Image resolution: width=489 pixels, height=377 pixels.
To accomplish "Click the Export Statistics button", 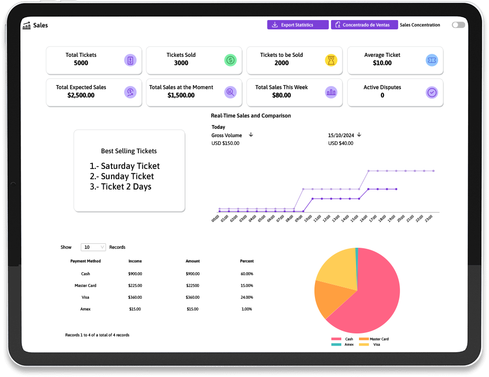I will [297, 25].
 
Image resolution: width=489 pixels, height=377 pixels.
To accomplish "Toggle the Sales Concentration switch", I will [458, 25].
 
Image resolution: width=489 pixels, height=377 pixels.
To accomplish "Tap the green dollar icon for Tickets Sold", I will [231, 60].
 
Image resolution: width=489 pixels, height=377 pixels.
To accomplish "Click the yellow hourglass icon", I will [331, 60].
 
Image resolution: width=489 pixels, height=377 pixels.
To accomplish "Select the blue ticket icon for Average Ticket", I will [432, 60].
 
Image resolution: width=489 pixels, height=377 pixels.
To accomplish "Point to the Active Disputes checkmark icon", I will [432, 93].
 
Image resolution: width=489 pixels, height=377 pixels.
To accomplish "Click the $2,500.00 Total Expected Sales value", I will [81, 95].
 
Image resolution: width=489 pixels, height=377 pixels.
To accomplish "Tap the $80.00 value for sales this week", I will [282, 95].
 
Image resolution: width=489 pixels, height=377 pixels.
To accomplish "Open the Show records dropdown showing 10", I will [93, 247].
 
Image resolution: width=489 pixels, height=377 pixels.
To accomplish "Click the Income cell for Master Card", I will [135, 285].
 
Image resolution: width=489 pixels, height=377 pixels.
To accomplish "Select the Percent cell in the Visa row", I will [247, 297].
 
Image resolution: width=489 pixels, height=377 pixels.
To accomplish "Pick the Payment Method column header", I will [86, 261].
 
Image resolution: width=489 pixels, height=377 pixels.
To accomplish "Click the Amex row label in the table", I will [86, 309].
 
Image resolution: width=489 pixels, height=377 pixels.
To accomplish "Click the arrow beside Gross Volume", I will [251, 135].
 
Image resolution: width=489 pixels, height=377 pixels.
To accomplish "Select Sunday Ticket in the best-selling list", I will [128, 176].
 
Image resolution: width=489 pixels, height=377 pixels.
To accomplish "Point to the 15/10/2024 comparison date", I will [341, 135].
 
